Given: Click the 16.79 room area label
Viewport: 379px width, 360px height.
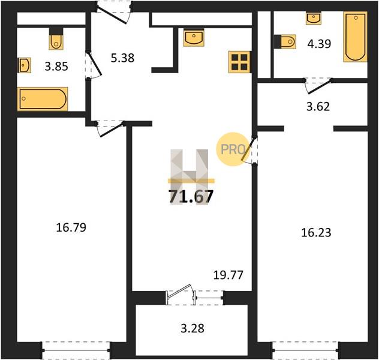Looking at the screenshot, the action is [71, 227].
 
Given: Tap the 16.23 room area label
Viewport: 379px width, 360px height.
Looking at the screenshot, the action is [316, 233].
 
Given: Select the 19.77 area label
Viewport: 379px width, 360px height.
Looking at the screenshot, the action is [228, 275].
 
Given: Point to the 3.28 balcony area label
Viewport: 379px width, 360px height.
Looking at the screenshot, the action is [192, 329].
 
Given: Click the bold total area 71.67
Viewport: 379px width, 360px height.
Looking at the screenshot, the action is [191, 196].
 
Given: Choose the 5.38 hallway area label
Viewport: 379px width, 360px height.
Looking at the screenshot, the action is [122, 58].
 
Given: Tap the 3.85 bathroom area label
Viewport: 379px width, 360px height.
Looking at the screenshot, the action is [56, 67].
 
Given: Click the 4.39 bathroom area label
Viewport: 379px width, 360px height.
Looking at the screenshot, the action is [319, 44].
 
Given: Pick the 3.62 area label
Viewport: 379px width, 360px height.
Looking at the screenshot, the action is [318, 107].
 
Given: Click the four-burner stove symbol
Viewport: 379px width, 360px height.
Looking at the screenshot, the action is [239, 62].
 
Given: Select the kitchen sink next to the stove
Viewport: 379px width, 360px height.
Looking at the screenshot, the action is [194, 37].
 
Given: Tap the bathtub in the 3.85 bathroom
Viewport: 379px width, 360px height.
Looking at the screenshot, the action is [43, 99].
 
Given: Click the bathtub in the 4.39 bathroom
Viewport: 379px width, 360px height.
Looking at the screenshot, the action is [355, 37].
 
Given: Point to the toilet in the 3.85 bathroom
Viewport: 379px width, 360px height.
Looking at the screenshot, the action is [56, 39].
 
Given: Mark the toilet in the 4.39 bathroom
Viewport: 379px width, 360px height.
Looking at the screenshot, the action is [285, 42].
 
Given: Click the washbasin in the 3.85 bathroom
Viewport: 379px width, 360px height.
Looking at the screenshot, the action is [24, 65].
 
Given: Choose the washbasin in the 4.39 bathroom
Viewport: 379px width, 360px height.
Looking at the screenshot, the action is [314, 18].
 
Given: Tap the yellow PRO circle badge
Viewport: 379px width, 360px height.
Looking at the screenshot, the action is [233, 149].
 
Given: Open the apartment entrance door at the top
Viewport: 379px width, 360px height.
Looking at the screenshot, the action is [114, 12].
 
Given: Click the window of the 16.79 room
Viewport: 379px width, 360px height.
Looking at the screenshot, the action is [76, 350].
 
